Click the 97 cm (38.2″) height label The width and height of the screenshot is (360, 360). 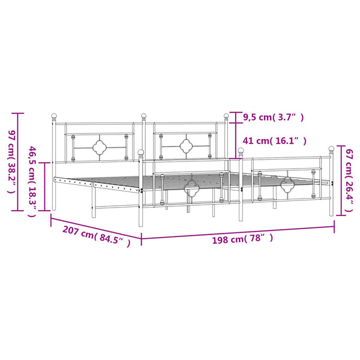click(x=12, y=162)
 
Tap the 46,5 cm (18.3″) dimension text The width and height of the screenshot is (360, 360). click(x=32, y=182)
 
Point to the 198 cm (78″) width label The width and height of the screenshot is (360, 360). click(x=242, y=239)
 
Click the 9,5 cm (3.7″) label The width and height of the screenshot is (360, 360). click(x=274, y=118)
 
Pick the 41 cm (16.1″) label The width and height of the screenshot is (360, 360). click(x=275, y=140)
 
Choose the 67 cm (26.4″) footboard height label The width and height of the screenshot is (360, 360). click(x=349, y=181)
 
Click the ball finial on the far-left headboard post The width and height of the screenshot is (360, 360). click(x=54, y=116)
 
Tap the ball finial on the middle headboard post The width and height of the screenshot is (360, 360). click(x=144, y=116)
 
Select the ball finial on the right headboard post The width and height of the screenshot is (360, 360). click(x=226, y=116)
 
